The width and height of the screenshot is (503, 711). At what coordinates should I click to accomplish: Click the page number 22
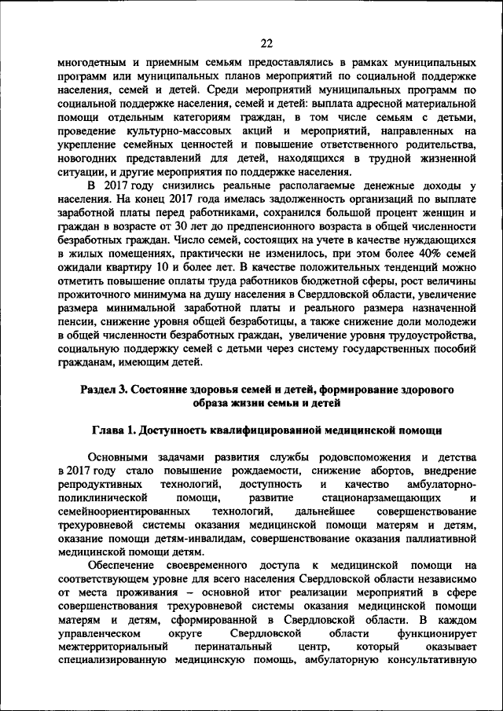[x=266, y=42]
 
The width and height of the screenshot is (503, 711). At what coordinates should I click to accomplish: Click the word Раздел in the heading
[x=100, y=390]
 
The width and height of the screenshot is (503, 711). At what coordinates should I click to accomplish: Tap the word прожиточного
[x=94, y=299]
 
